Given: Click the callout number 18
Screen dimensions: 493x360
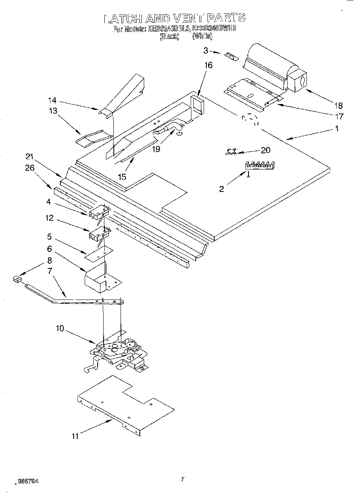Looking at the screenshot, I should click(338, 106).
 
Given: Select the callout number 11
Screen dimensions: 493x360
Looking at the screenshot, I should click(75, 436).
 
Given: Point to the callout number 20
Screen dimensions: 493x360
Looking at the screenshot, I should click(266, 150).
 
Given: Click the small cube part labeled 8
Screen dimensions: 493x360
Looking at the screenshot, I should click(17, 279).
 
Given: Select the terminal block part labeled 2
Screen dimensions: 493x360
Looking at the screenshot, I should click(260, 166).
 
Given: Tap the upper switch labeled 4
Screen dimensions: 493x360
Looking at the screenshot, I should click(98, 213).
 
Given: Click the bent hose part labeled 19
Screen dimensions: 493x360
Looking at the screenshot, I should click(169, 129).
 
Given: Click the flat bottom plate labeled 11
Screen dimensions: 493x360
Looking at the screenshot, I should click(126, 404).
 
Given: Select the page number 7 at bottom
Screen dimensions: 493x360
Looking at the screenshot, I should click(182, 479).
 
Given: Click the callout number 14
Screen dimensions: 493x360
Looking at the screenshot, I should click(52, 100).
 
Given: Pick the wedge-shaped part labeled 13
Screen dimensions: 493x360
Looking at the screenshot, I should click(91, 138).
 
